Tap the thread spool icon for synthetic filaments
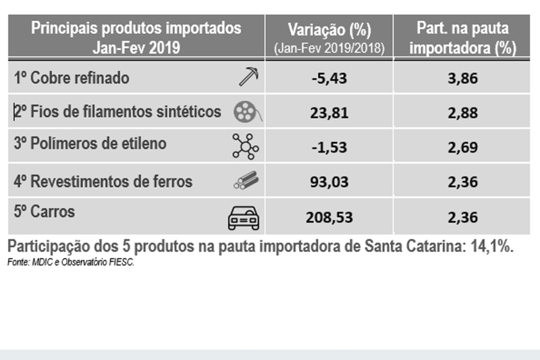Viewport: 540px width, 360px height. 247,112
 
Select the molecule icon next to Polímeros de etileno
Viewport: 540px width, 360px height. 245,145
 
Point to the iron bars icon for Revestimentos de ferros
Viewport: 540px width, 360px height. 246,180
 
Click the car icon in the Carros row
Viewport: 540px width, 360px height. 243,217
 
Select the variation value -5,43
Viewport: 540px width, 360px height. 330,78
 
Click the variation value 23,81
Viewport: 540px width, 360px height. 330,113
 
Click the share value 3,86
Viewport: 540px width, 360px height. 462,78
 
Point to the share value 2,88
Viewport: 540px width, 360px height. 462,113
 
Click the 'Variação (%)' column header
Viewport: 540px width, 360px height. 329,31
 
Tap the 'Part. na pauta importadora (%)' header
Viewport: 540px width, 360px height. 463,38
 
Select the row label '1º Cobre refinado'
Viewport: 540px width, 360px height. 72,78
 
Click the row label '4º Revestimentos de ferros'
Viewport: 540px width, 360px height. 103,182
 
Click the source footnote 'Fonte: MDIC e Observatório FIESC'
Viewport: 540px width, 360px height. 72,262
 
